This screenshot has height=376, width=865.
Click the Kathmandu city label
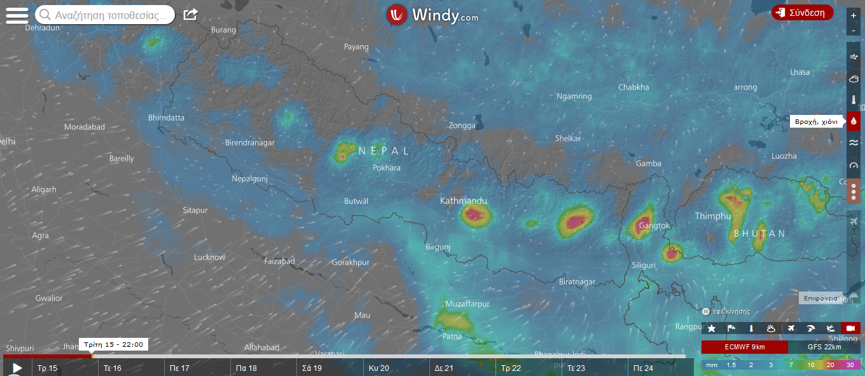(464, 201)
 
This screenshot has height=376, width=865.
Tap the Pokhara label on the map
(387, 168)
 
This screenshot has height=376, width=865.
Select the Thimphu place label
(713, 216)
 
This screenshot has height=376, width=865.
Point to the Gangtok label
(654, 225)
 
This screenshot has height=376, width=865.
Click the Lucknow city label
(209, 257)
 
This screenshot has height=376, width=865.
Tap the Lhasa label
(799, 72)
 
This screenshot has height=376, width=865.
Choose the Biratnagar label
(576, 281)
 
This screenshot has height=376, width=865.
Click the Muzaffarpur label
(467, 304)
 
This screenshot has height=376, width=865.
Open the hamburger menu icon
(17, 16)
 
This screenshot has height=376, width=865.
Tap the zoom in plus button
(853, 15)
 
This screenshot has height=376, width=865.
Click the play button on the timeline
(17, 368)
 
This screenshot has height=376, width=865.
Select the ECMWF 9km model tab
(745, 347)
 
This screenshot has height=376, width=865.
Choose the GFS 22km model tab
(824, 347)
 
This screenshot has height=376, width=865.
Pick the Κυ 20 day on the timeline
(379, 368)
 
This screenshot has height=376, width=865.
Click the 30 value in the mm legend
(850, 365)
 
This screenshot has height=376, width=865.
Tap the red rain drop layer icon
(854, 121)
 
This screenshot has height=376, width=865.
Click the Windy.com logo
(432, 15)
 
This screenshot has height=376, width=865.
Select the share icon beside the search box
(190, 15)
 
